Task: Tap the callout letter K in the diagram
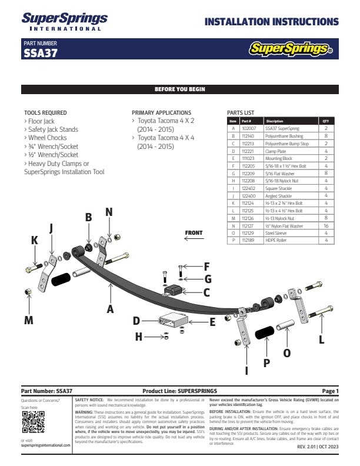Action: [x=35, y=240]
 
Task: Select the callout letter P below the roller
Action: [x=266, y=363]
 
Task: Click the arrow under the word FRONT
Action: [x=194, y=239]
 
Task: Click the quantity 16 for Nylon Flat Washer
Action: [x=326, y=225]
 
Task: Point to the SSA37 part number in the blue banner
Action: [x=40, y=52]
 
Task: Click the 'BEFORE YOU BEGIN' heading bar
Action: [x=179, y=89]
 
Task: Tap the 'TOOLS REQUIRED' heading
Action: [x=45, y=112]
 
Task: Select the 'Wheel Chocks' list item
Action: [x=48, y=138]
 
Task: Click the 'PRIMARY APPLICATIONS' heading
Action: [x=161, y=112]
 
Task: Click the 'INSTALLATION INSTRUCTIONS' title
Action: [x=271, y=22]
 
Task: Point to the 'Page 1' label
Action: [x=330, y=391]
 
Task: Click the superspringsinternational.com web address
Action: [x=45, y=445]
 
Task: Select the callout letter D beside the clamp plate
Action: [x=136, y=321]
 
